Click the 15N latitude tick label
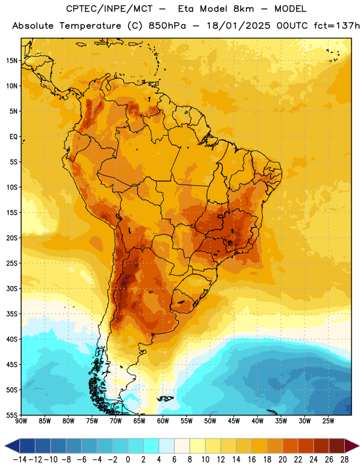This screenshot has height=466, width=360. click(x=12, y=61)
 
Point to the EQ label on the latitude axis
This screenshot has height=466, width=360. click(x=13, y=137)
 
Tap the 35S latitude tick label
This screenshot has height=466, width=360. click(x=12, y=314)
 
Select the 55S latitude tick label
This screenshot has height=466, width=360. click(x=12, y=415)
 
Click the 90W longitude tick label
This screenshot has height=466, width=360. click(x=21, y=421)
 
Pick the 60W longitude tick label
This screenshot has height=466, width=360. click(x=163, y=421)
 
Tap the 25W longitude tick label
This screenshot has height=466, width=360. click(x=328, y=421)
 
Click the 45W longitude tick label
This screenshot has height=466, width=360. click(x=234, y=421)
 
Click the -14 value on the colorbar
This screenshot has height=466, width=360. click(x=20, y=460)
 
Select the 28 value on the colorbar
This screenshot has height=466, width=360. click(x=344, y=460)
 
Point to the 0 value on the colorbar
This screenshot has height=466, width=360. click(x=128, y=460)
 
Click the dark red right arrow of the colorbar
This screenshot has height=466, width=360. click(x=352, y=446)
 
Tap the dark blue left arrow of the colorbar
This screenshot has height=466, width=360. click(x=12, y=446)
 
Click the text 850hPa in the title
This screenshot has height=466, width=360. click(x=167, y=26)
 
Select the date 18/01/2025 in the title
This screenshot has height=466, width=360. click(x=238, y=26)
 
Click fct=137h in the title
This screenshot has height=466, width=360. click(x=337, y=26)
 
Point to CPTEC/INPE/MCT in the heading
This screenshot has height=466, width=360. click(x=110, y=9)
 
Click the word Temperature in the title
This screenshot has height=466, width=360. click(x=90, y=26)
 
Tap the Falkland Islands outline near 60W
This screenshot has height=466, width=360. click(x=165, y=398)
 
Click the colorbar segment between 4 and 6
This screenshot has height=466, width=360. click(x=167, y=446)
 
